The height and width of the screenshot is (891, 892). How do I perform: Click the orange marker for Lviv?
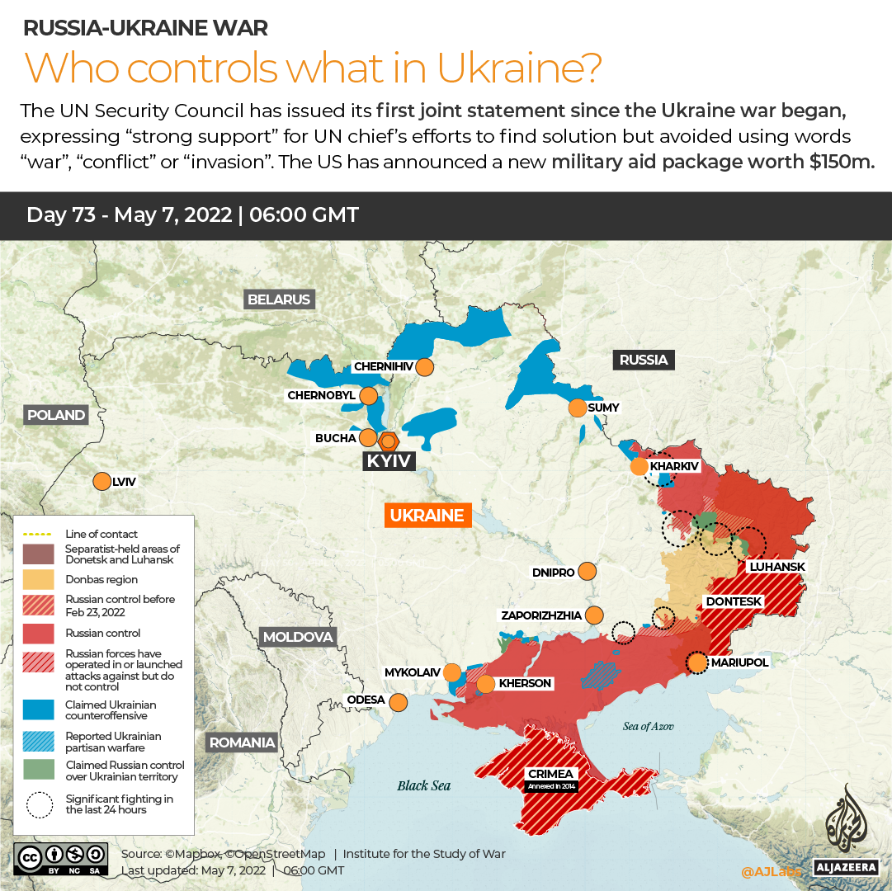(102, 481)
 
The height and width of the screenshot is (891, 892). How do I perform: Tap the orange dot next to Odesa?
(399, 702)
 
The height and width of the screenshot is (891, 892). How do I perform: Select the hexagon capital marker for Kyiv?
(388, 440)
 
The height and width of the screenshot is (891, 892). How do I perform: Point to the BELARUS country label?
(279, 299)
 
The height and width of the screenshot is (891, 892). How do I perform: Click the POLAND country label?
(56, 415)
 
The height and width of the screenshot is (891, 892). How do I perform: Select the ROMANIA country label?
(242, 742)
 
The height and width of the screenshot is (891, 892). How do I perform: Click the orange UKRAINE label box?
(427, 516)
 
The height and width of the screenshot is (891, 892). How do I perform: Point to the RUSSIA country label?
(644, 360)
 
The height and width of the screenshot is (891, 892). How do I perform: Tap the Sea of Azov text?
(649, 726)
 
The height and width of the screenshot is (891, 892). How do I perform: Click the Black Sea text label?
(424, 785)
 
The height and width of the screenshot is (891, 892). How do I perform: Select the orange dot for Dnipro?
(588, 571)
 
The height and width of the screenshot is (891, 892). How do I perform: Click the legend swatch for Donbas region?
(39, 579)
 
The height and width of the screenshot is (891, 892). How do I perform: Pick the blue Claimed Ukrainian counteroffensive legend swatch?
(39, 710)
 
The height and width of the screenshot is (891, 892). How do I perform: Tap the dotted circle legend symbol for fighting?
(39, 804)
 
